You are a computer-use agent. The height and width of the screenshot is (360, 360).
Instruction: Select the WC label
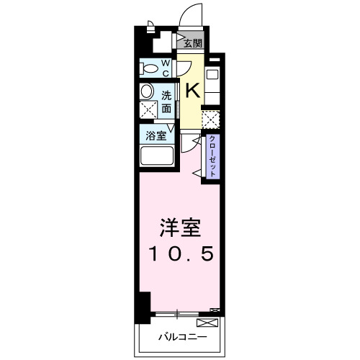pyautogui.click(x=165, y=68)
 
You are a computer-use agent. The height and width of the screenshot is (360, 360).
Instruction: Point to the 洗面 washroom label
pyautogui.click(x=166, y=102)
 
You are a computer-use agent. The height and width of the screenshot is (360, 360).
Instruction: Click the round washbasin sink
pyautogui.click(x=147, y=91)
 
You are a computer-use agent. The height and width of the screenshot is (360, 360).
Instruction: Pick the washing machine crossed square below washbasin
pyautogui.click(x=148, y=110)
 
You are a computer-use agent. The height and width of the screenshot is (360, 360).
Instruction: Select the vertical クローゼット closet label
pyautogui.click(x=212, y=156)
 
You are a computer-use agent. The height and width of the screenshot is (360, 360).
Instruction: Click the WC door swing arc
pyautogui.click(x=182, y=68)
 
